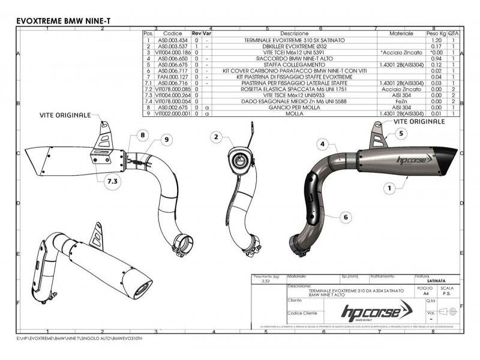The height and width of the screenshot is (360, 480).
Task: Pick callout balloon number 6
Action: (x=346, y=215)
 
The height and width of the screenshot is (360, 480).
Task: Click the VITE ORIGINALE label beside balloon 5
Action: (x=419, y=121)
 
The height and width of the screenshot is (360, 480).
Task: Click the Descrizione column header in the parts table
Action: (x=294, y=34)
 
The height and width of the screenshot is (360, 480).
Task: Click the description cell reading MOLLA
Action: (x=294, y=112)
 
